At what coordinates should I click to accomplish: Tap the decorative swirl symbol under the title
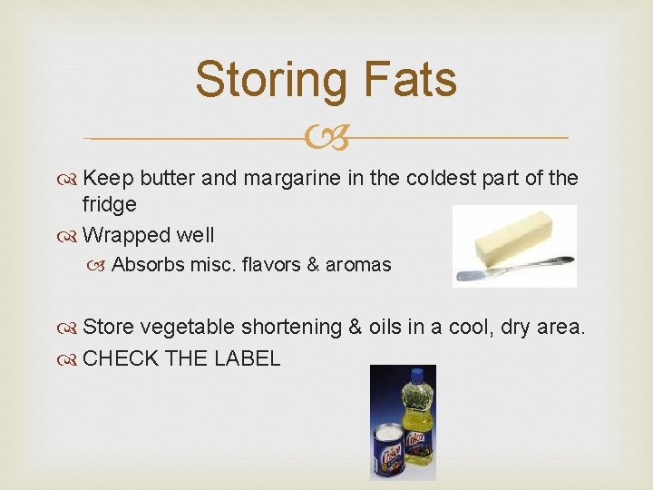click(x=326, y=139)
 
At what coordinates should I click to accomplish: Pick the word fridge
click(x=109, y=205)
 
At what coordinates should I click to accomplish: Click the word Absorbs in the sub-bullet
click(x=148, y=265)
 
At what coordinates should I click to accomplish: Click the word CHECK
click(x=119, y=358)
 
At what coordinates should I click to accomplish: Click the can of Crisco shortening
click(x=390, y=449)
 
